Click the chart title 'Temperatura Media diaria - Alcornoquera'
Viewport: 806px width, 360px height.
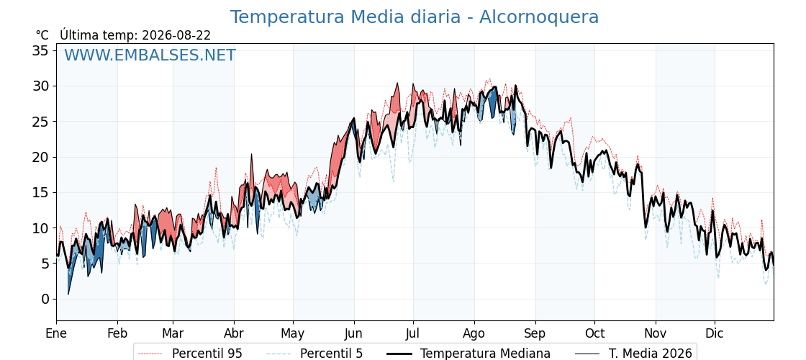click(414, 17)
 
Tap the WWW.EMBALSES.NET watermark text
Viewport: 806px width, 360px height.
click(150, 55)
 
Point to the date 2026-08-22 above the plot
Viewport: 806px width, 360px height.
click(176, 35)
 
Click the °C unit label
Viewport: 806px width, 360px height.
click(42, 35)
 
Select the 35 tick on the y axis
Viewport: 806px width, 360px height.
click(41, 50)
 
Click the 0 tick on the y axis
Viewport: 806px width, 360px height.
click(45, 300)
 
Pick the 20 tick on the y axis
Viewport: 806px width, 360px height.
click(41, 157)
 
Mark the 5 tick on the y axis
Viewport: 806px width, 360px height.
click(45, 264)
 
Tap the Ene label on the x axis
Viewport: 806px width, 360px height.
click(56, 333)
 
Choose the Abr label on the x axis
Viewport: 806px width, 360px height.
click(234, 333)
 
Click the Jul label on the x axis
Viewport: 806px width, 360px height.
click(413, 333)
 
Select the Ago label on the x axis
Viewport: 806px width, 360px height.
click(474, 333)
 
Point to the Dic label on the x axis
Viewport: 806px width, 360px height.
click(715, 333)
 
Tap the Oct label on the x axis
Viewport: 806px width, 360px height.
click(594, 333)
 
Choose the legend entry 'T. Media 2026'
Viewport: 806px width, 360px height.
click(634, 354)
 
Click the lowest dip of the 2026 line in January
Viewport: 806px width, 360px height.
click(68, 294)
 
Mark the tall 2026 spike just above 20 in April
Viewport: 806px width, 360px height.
click(251, 154)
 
